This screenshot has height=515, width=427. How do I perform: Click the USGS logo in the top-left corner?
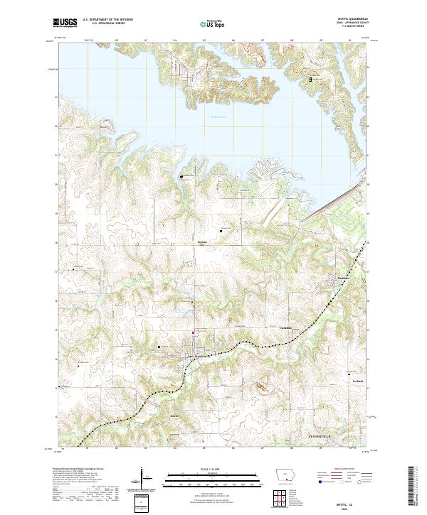65,23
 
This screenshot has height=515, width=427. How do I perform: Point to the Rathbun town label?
344,278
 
